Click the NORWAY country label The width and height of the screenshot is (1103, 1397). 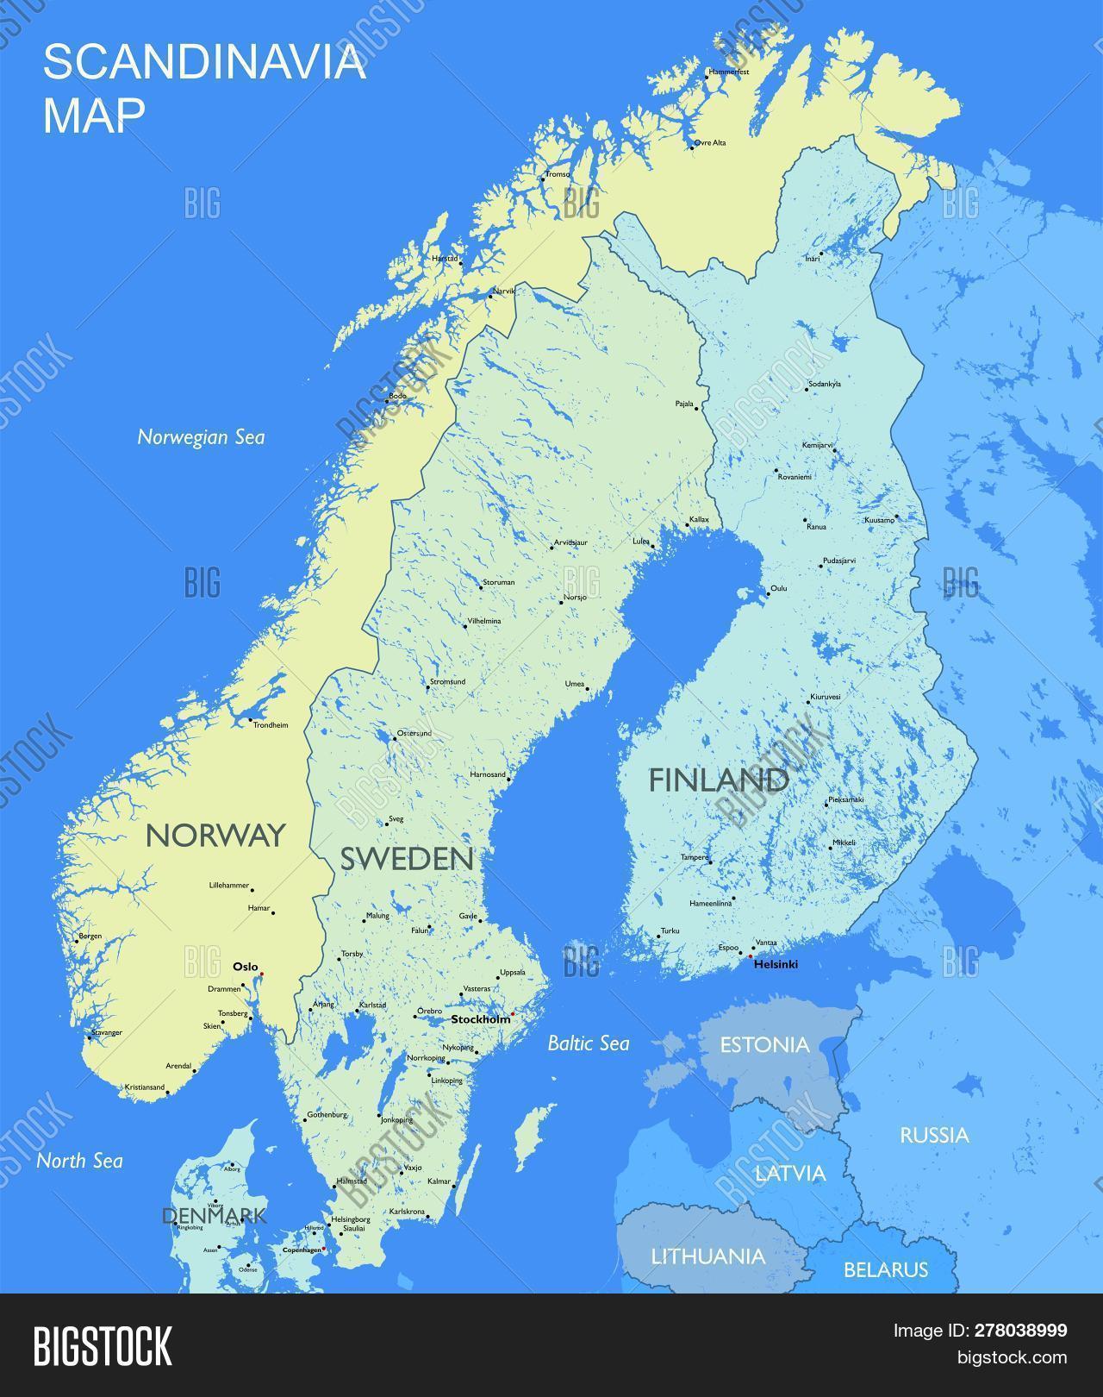pyautogui.click(x=215, y=835)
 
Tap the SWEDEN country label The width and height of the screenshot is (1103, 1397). pyautogui.click(x=407, y=858)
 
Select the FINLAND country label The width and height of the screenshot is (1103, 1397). pyautogui.click(x=718, y=780)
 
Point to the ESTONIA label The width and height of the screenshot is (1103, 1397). pyautogui.click(x=764, y=1045)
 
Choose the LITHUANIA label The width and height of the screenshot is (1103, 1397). pyautogui.click(x=707, y=1256)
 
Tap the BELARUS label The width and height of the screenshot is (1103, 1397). pyautogui.click(x=885, y=1269)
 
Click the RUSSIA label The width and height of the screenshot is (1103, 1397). pyautogui.click(x=934, y=1135)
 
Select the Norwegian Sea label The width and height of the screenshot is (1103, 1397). pyautogui.click(x=201, y=437)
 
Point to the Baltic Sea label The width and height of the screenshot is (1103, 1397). pyautogui.click(x=589, y=1043)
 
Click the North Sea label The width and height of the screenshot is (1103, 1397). pyautogui.click(x=79, y=1161)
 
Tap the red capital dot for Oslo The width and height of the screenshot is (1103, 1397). pyautogui.click(x=262, y=974)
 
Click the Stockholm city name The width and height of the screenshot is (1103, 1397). pyautogui.click(x=481, y=1019)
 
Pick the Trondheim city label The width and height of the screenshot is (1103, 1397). pyautogui.click(x=271, y=725)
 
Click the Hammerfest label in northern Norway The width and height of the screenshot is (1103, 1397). pyautogui.click(x=728, y=72)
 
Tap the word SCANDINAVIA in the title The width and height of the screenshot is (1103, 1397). pyautogui.click(x=204, y=63)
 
